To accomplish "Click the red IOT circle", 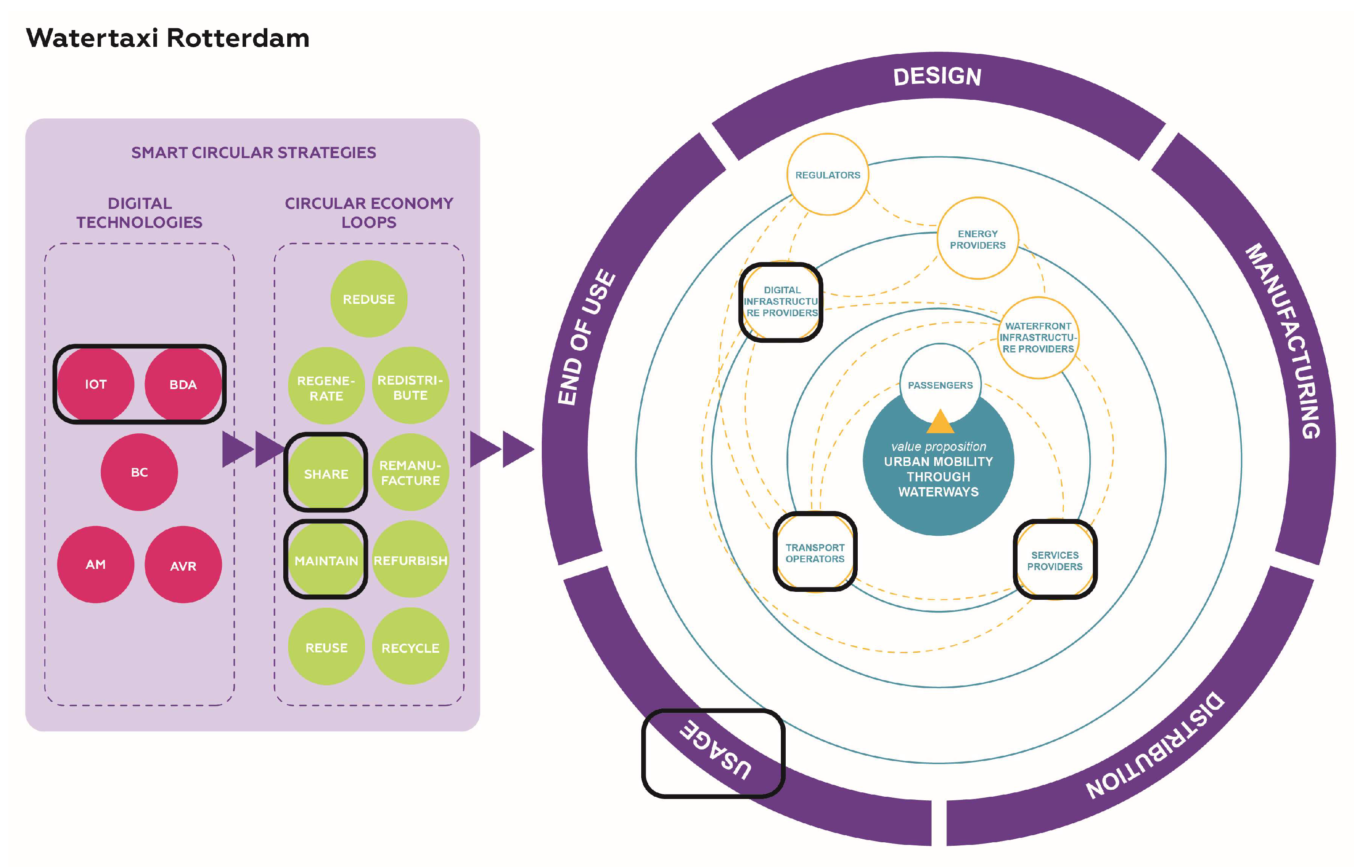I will (96, 385).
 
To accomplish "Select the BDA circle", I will (183, 385).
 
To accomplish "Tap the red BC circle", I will (139, 472).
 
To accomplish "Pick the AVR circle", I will (183, 565).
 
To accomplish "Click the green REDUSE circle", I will (369, 299).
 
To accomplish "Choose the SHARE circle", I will (326, 473).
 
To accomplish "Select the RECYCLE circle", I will (410, 647).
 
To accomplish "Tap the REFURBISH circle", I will (410, 560).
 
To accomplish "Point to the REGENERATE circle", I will (326, 387).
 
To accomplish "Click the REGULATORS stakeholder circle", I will (827, 174).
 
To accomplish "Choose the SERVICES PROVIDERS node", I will (1054, 560).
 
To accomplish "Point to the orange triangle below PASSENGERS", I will (939, 423).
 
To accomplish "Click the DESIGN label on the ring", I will (937, 76).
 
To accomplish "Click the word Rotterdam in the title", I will (238, 38).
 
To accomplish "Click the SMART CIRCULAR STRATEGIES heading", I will (254, 152).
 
